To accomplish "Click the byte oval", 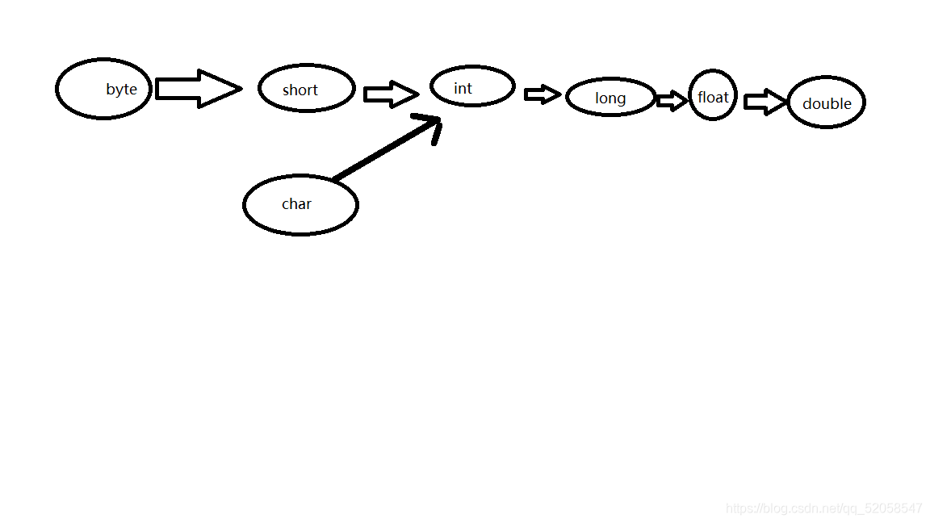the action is (103, 89).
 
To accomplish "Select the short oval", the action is (307, 88).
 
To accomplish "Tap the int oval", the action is (472, 86).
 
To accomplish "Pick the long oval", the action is (610, 98).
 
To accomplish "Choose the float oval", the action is (713, 95).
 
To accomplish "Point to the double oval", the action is (826, 103).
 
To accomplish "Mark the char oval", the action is (300, 205).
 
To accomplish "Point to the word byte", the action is (121, 90).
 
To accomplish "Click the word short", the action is (300, 90).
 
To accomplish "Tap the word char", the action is (296, 204).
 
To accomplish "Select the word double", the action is (827, 104).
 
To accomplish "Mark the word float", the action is (713, 98).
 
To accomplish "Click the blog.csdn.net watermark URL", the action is (823, 508).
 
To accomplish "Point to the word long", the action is (610, 98).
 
